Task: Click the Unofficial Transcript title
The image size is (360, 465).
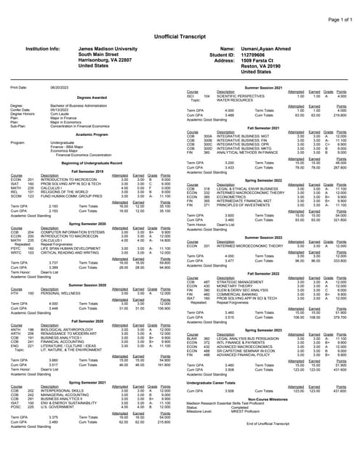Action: (180, 25)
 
